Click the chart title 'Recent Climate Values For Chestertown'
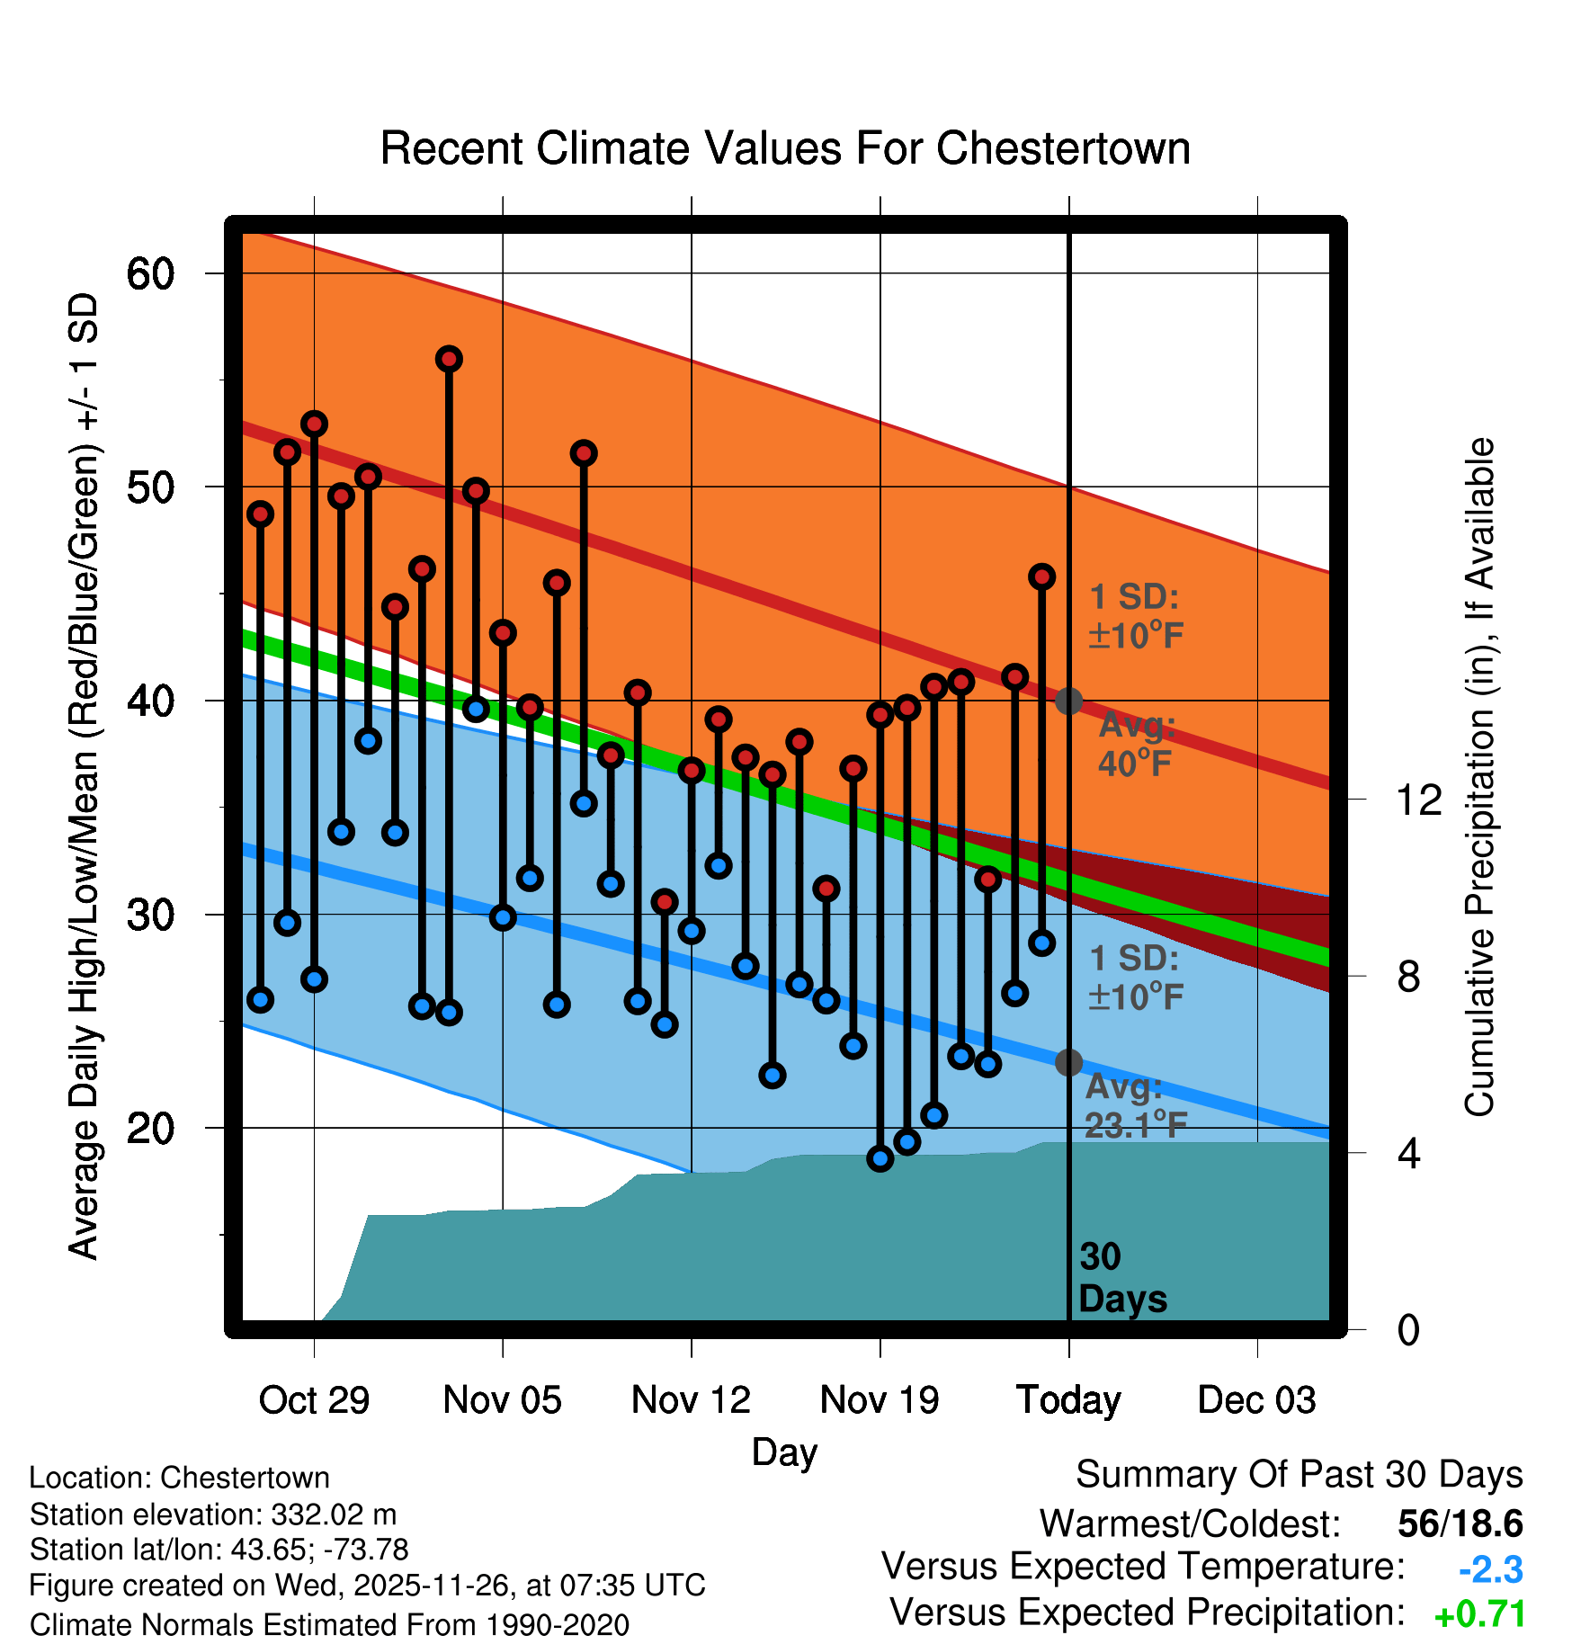[785, 148]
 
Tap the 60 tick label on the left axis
[150, 273]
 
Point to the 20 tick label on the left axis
[150, 1128]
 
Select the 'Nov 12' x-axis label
[691, 1400]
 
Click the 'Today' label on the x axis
[1068, 1400]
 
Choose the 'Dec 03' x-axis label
[1256, 1400]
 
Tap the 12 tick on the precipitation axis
[1418, 800]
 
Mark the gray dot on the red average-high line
[1068, 701]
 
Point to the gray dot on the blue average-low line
[1068, 1062]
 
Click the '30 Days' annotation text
[1121, 1278]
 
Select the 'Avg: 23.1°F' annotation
[1135, 1106]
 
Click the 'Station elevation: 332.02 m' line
[213, 1514]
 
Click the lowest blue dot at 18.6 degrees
[880, 1158]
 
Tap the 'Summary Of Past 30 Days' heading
[1299, 1475]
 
